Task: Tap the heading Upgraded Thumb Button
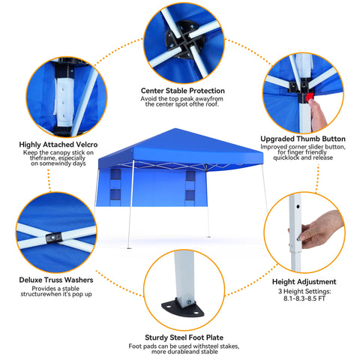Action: [x=302, y=138]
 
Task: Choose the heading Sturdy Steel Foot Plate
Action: [x=184, y=337]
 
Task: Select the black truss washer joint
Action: [x=55, y=238]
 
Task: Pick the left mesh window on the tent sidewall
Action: [x=115, y=185]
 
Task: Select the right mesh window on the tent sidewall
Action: [x=190, y=185]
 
